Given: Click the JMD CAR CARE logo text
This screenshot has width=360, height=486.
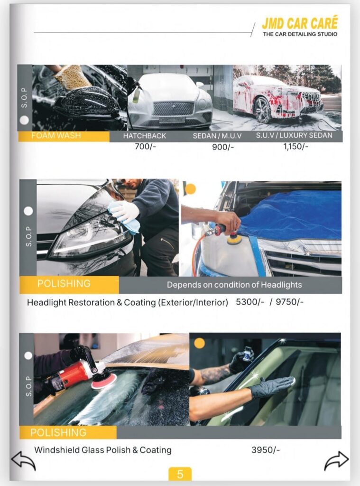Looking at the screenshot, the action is click(x=300, y=24).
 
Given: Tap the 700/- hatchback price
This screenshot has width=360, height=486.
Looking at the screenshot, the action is click(x=145, y=146).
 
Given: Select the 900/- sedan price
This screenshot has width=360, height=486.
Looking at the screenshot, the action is click(x=223, y=147).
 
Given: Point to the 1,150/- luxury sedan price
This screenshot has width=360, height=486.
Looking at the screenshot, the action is click(x=296, y=146).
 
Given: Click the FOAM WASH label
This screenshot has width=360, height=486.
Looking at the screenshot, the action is click(x=56, y=136).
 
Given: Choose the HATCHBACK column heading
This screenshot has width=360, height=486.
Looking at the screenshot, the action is click(x=144, y=136).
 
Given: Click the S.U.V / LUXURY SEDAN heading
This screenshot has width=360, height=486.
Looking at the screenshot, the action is click(x=294, y=135).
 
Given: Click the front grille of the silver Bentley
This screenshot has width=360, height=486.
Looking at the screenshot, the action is click(x=174, y=109).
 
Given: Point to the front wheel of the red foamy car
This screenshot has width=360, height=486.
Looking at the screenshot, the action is click(x=262, y=110).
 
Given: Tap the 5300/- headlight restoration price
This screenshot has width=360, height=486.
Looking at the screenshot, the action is click(x=250, y=302).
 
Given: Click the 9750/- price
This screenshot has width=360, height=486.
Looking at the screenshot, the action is click(x=290, y=302).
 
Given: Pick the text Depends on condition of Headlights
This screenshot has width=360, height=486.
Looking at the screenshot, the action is click(x=234, y=285).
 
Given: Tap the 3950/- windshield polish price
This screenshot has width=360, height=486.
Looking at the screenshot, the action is click(x=266, y=450).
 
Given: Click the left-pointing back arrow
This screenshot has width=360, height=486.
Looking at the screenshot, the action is click(x=23, y=461).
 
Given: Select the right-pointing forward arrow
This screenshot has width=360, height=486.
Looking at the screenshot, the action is click(x=336, y=461).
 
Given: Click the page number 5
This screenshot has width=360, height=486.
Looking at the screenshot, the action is click(x=180, y=474).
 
